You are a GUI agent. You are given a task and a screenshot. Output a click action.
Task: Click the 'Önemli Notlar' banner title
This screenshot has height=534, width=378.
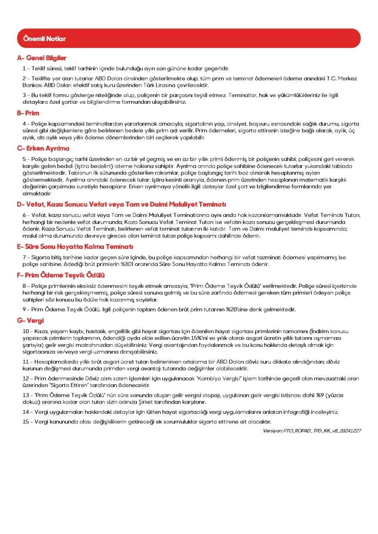click(x=41, y=39)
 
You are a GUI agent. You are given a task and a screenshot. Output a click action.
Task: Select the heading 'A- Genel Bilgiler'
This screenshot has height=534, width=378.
click(x=42, y=58)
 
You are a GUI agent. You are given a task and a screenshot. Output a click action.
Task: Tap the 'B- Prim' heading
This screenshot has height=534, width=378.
click(x=28, y=113)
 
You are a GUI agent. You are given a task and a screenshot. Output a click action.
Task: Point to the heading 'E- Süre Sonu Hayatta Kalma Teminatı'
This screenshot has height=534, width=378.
click(x=75, y=247)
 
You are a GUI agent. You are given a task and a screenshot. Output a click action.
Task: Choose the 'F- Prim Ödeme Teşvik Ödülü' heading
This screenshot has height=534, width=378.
click(x=61, y=275)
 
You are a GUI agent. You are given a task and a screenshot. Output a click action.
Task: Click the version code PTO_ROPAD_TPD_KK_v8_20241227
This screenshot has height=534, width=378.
click(x=312, y=431)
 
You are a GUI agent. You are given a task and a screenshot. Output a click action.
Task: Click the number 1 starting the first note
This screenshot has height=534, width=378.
click(x=24, y=69)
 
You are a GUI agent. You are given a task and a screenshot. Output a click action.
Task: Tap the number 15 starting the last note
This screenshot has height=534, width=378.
click(x=25, y=422)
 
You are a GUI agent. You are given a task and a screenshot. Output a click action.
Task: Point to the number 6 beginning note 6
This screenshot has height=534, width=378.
click(x=24, y=216)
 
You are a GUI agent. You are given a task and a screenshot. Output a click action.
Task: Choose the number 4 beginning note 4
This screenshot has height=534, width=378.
click(x=24, y=124)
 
